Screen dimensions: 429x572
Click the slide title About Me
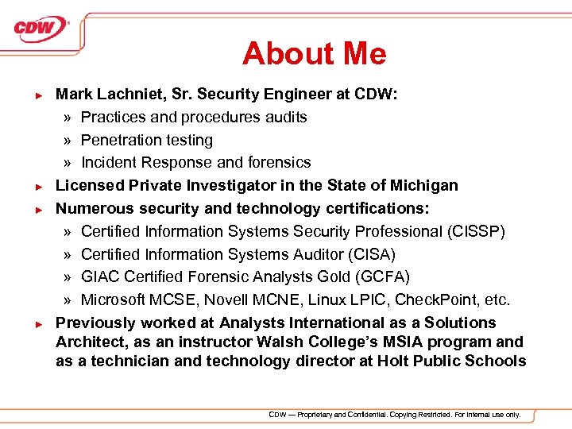pos(314,53)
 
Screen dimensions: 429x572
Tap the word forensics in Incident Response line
pos(280,162)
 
